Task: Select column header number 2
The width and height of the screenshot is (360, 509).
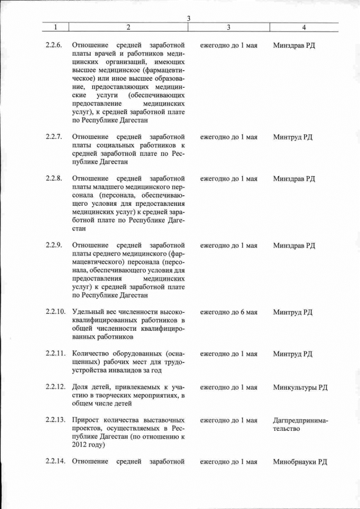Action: tap(128, 27)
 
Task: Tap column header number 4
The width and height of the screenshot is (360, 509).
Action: tap(304, 27)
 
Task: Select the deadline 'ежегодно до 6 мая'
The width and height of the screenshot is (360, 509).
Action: tap(228, 312)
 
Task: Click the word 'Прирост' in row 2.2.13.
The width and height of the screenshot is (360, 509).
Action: tap(85, 420)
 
